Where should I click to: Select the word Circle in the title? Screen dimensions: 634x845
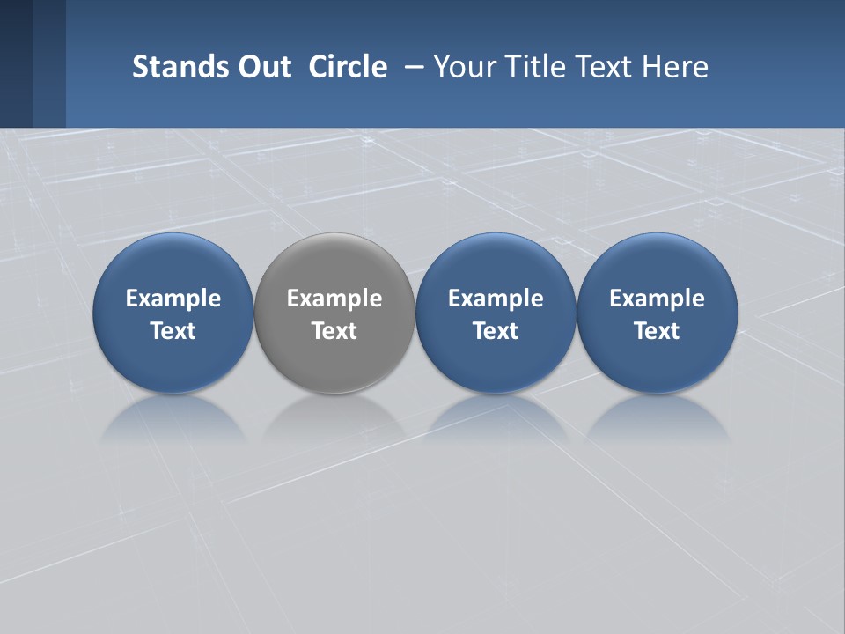click(x=348, y=67)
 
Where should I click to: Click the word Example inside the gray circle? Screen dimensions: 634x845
click(x=334, y=299)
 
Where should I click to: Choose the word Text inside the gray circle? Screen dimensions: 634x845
click(x=334, y=331)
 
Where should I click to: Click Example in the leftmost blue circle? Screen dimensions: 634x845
click(x=173, y=299)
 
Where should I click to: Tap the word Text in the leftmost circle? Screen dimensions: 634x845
click(x=173, y=331)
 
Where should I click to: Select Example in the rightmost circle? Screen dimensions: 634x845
click(x=657, y=299)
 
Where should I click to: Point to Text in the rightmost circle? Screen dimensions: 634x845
click(x=657, y=331)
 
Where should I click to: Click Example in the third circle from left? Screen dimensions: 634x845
click(x=496, y=299)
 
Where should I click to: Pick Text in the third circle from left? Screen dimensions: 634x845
click(x=496, y=331)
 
